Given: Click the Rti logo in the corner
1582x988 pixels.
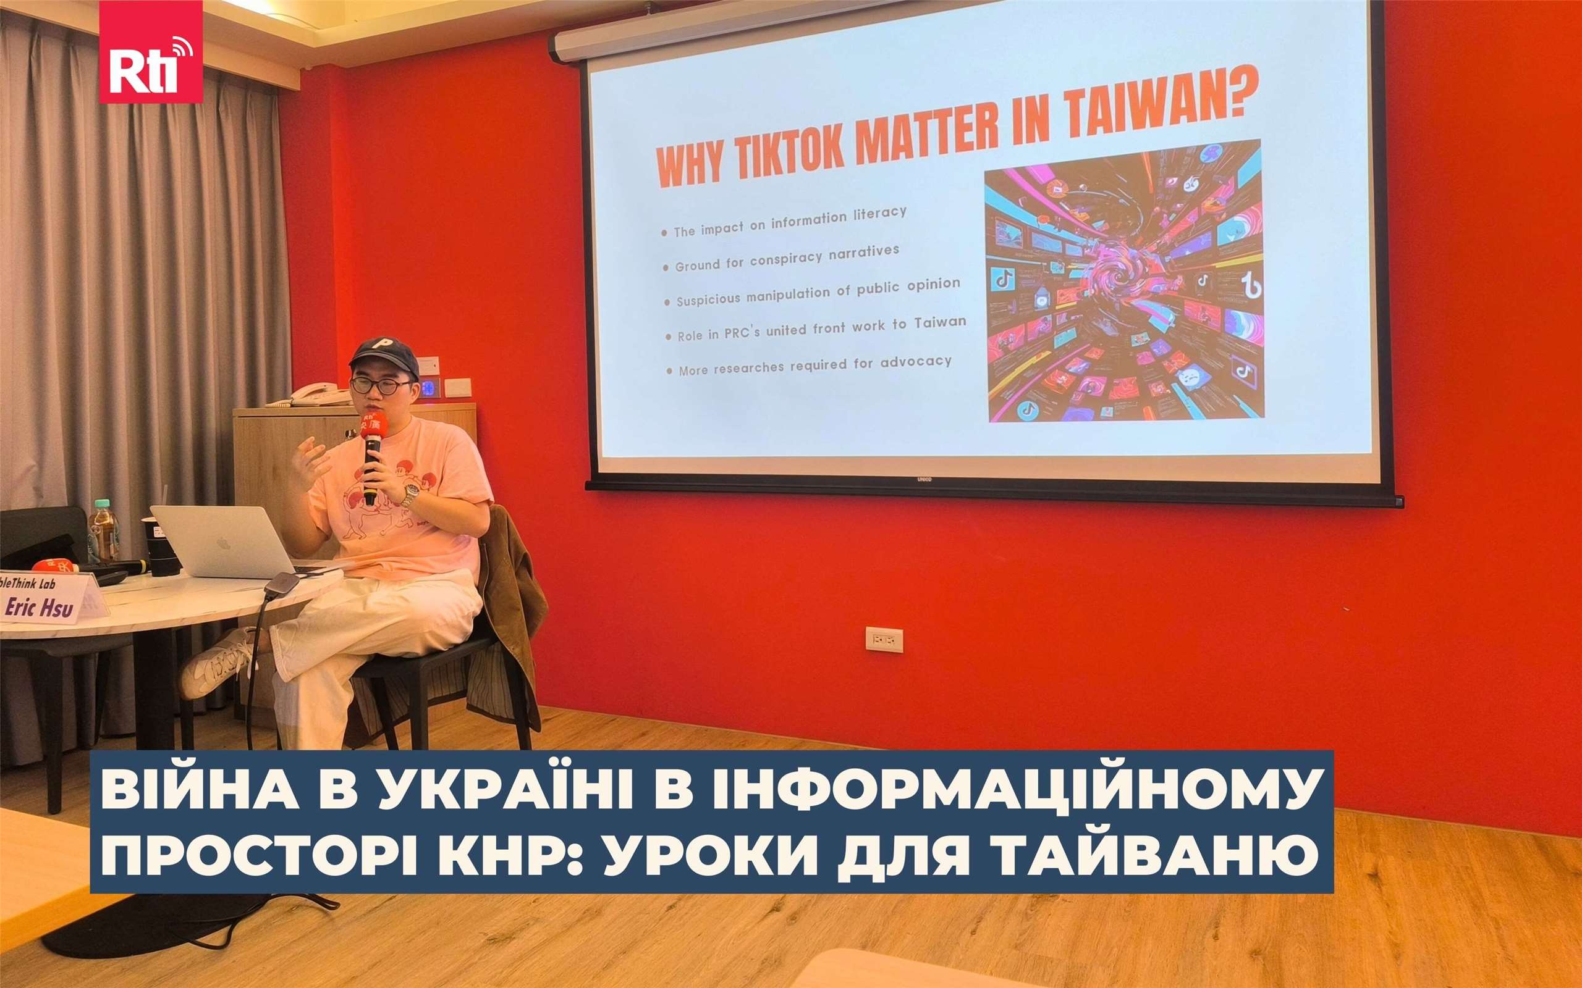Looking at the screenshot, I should coord(150,52).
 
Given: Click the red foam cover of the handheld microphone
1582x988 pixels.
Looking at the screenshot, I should coord(374,425).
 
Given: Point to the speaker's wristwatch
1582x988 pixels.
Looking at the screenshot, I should coord(409,495).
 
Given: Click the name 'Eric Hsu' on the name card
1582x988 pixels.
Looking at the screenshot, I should coord(39,608).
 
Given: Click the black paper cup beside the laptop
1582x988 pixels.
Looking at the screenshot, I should coord(161,546).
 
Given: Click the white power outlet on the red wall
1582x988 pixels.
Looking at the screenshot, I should coord(884,639).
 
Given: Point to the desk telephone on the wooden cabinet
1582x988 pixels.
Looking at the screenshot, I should coord(317,395).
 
